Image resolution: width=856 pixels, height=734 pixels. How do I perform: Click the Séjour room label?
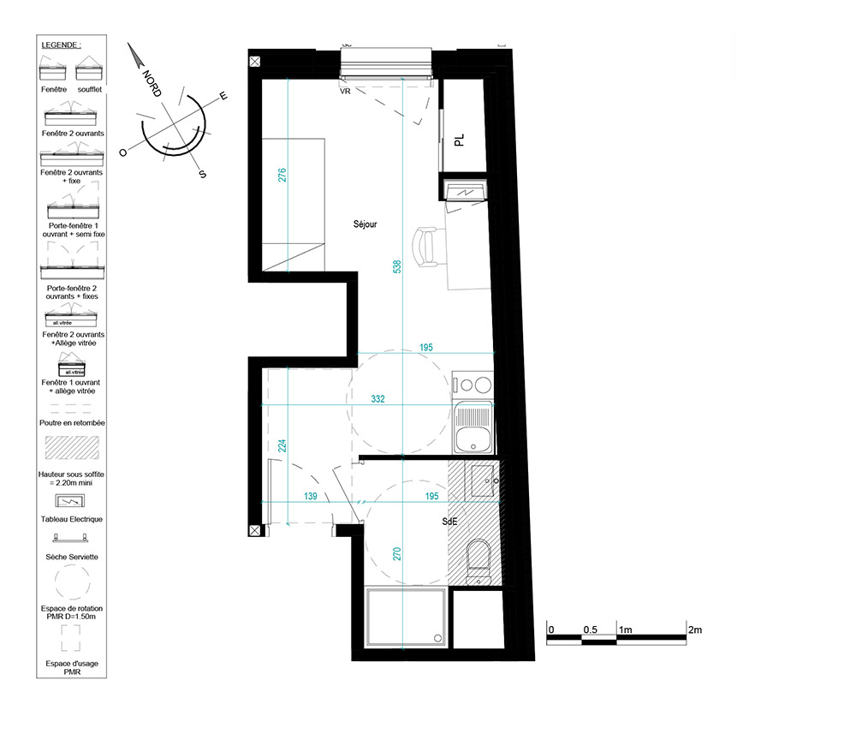365,224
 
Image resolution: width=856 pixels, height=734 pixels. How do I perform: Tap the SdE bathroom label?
449,522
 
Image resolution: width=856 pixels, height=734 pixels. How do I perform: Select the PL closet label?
459,140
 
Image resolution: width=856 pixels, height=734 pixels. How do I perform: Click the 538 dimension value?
397,266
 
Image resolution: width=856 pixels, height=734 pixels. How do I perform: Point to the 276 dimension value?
282,175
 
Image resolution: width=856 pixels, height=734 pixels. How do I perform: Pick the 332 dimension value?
377,399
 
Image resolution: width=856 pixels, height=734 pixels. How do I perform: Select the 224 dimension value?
282,445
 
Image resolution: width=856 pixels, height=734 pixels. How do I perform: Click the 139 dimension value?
310,496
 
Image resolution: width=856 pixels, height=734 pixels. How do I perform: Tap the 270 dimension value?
397,554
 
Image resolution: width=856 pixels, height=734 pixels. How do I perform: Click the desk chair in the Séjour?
425,248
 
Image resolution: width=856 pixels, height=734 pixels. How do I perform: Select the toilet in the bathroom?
479,561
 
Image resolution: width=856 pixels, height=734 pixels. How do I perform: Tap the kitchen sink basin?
473,439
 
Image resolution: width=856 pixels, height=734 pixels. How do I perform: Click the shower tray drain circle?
437,637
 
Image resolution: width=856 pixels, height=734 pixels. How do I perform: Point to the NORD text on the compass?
152,83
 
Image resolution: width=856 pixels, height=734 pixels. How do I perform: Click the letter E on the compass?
223,96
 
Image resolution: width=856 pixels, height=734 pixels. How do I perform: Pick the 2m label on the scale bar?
695,630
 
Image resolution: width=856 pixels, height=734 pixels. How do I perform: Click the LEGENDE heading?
61,45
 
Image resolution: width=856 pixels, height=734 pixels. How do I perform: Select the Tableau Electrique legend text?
72,519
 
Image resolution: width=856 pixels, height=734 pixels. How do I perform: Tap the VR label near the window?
345,91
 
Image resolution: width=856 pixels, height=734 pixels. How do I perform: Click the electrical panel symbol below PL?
467,191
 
